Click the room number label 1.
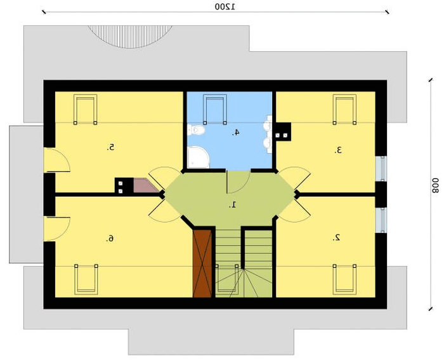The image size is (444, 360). (x=233, y=204)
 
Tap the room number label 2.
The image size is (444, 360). (x=337, y=238)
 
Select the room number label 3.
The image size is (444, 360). (x=337, y=150)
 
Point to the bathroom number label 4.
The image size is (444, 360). (x=235, y=132)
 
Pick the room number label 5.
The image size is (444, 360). (x=111, y=147)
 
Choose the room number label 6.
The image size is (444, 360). (x=110, y=239)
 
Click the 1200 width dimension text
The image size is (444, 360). (x=225, y=6)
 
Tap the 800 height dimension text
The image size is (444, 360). (x=435, y=185)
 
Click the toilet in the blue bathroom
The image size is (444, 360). (x=196, y=130)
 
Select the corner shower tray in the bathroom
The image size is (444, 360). (x=197, y=157)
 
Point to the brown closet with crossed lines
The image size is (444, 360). (x=202, y=263)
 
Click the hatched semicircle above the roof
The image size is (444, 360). (x=130, y=36)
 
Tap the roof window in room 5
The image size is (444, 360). (x=85, y=109)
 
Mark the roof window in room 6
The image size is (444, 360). (x=86, y=279)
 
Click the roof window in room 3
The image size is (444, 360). (x=344, y=109)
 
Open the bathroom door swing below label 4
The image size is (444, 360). (x=238, y=182)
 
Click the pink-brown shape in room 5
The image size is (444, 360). (x=144, y=185)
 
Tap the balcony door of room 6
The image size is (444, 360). (x=56, y=229)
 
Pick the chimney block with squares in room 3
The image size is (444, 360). (x=283, y=131)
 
